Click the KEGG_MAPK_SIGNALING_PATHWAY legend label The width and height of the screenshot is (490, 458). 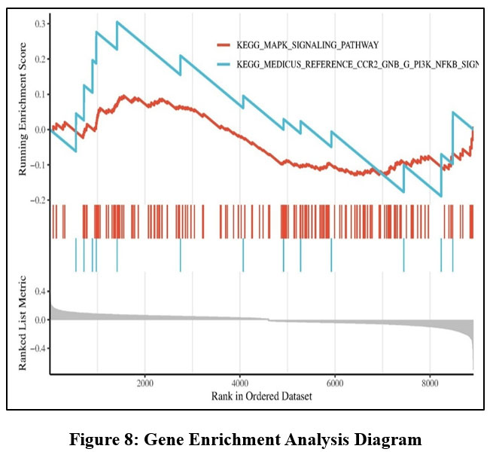306,45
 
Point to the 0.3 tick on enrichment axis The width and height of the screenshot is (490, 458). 38,23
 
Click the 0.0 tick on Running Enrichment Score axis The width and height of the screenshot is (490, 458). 38,130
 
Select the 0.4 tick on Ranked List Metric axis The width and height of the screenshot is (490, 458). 38,291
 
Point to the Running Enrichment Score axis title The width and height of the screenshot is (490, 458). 23,112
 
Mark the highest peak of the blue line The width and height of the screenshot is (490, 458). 117,22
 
